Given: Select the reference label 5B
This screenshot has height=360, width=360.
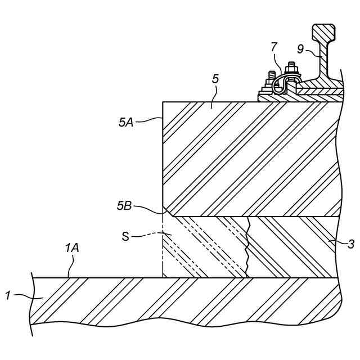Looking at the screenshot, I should pyautogui.click(x=124, y=206).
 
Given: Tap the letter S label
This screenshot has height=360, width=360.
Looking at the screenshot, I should pyautogui.click(x=126, y=236).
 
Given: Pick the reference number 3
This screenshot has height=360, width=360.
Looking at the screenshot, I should pyautogui.click(x=351, y=244).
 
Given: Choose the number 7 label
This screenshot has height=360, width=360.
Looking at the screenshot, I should pyautogui.click(x=274, y=47).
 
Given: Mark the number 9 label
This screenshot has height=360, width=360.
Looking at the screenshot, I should pyautogui.click(x=300, y=49).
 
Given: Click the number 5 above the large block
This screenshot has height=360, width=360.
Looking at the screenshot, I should pyautogui.click(x=215, y=79).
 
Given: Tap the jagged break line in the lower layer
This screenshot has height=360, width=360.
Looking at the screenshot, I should pyautogui.click(x=246, y=247).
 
